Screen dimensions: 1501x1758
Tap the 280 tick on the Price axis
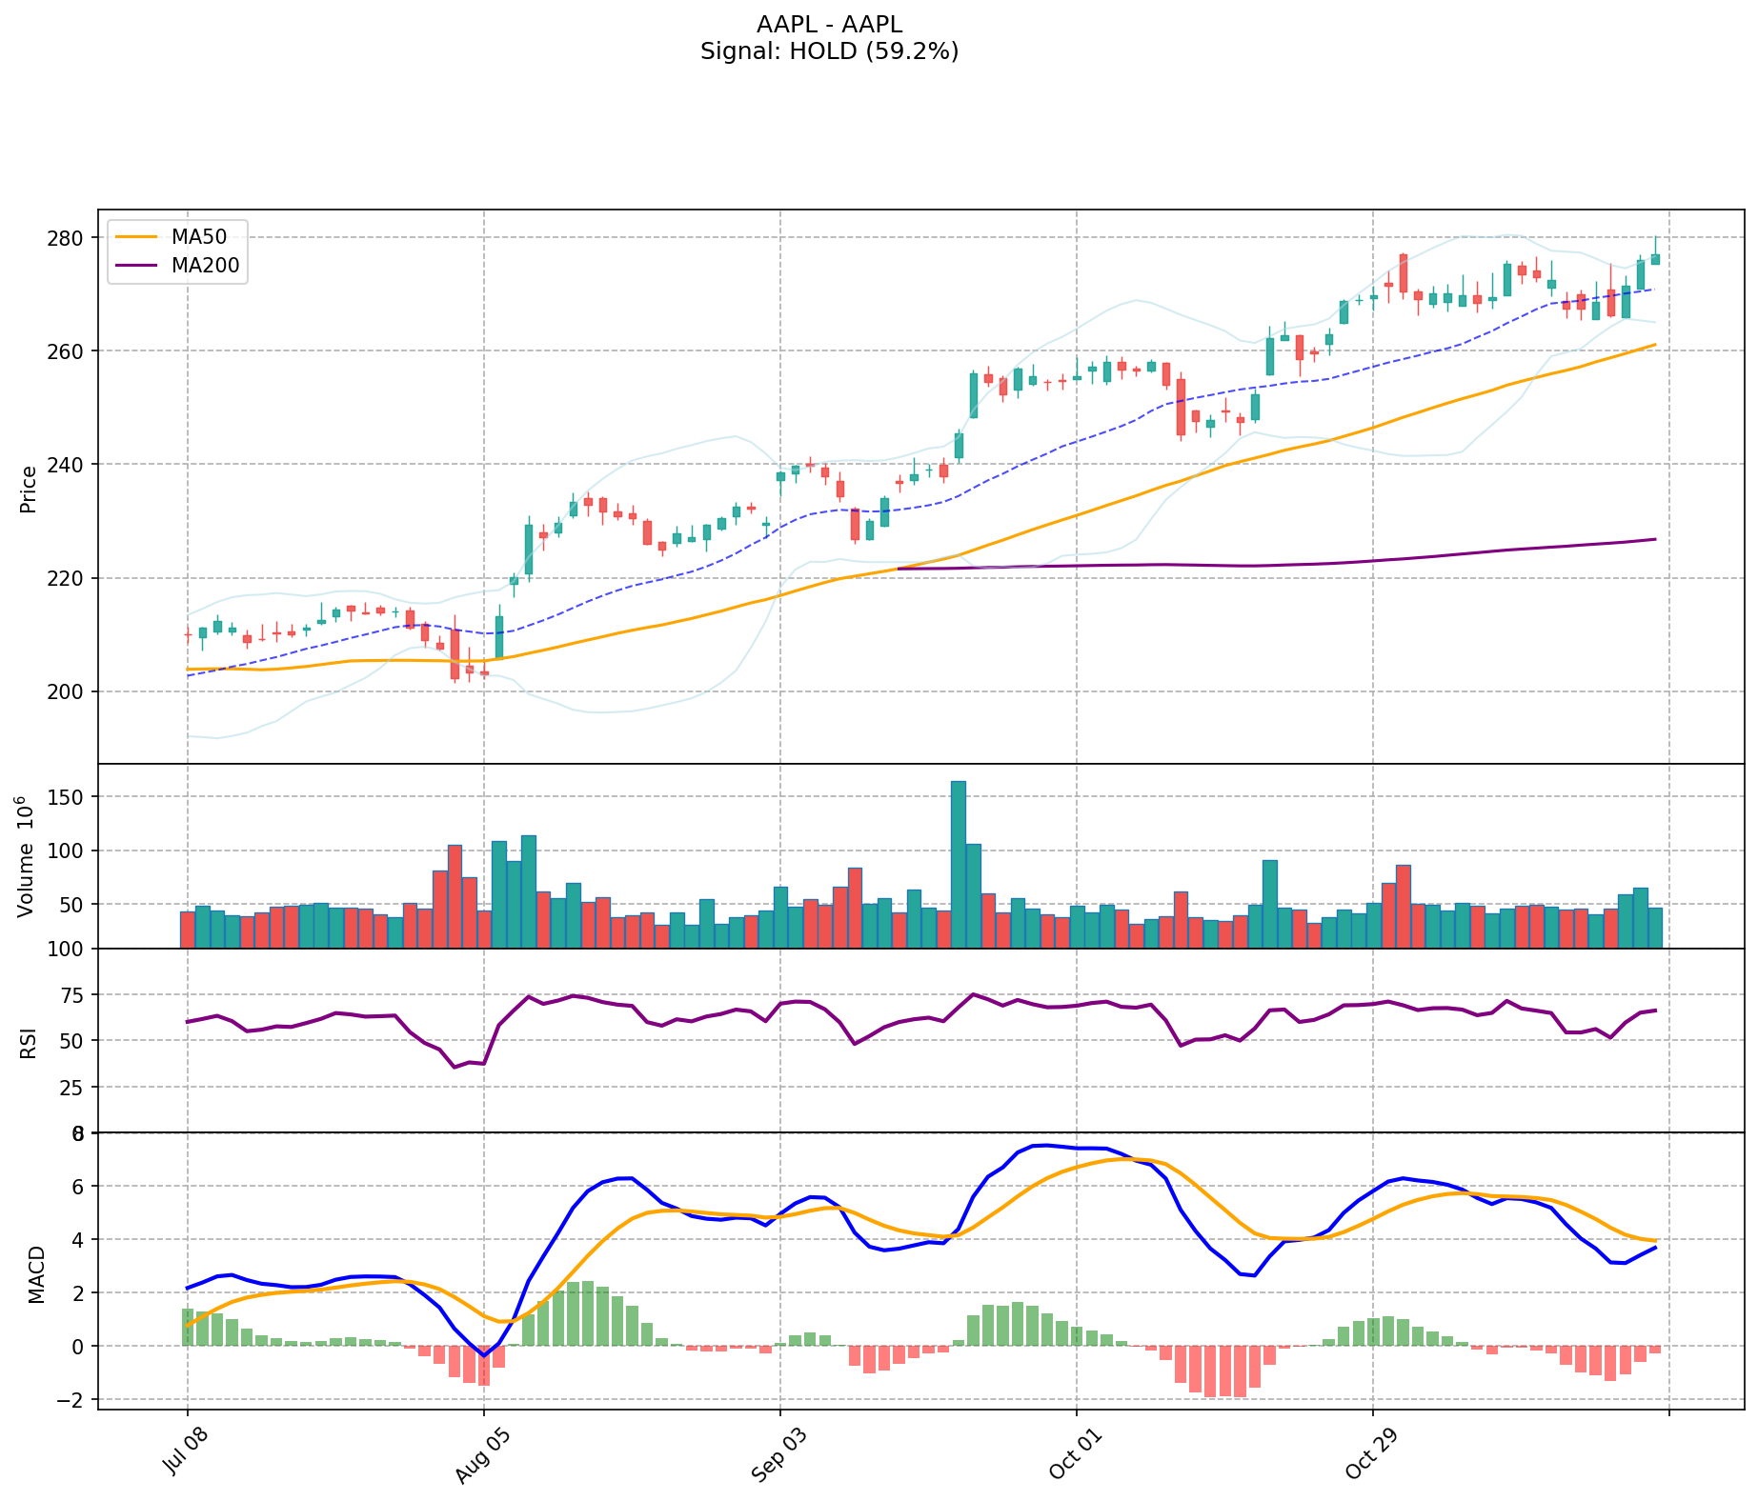pyautogui.click(x=72, y=237)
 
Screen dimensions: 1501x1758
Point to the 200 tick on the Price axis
pyautogui.click(x=72, y=691)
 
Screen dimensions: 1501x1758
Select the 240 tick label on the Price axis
pyautogui.click(x=72, y=465)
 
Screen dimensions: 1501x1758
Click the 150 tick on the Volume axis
pyautogui.click(x=72, y=797)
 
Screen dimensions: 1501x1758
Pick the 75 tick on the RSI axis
pyautogui.click(x=76, y=995)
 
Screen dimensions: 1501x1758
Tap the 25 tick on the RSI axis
pyautogui.click(x=76, y=1087)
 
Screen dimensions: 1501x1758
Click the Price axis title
pyautogui.click(x=29, y=489)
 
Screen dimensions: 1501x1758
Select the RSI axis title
pyautogui.click(x=29, y=1042)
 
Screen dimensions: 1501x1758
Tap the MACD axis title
pyautogui.click(x=36, y=1273)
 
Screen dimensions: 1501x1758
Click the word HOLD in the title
pyautogui.click(x=816, y=51)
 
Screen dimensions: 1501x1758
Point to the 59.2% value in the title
pyautogui.click(x=912, y=51)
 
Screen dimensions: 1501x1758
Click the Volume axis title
pyautogui.click(x=26, y=856)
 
